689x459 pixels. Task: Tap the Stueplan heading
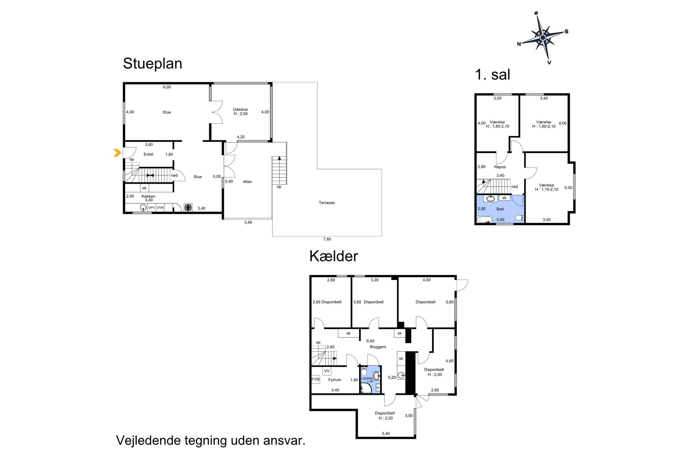(x=152, y=64)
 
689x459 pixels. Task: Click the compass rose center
(x=542, y=37)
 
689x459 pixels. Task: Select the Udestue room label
(x=240, y=109)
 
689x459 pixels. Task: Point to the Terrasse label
(x=327, y=203)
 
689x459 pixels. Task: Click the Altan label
(x=247, y=182)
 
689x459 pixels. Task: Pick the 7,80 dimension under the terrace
(x=327, y=239)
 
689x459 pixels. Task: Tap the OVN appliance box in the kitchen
(x=160, y=207)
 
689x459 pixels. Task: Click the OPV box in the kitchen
(x=151, y=207)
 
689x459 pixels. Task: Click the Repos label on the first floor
(x=500, y=167)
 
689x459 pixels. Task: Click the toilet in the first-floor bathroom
(x=519, y=218)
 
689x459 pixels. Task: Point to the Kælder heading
(x=334, y=256)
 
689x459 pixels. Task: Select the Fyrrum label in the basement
(x=335, y=380)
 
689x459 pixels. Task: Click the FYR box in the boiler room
(x=316, y=379)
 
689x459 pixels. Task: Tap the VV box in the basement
(x=327, y=371)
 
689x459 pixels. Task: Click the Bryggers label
(x=378, y=347)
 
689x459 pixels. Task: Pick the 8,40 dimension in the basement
(x=370, y=341)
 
